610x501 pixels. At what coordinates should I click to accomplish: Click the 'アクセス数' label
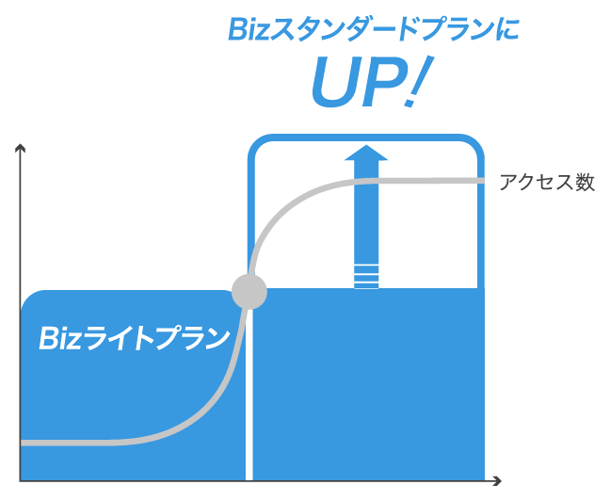tap(547, 183)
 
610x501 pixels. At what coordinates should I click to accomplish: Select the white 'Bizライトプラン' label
tap(135, 337)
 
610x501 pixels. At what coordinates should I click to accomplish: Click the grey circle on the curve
tap(249, 291)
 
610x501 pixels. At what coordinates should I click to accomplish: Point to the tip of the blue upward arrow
tap(365, 148)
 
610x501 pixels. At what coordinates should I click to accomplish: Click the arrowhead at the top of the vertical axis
tap(21, 149)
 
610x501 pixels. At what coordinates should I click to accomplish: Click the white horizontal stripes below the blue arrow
tap(365, 277)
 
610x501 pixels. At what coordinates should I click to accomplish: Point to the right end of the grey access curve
tap(482, 180)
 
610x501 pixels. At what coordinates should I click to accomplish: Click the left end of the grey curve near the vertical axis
tap(24, 442)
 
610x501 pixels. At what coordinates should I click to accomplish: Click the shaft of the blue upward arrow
tap(365, 217)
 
